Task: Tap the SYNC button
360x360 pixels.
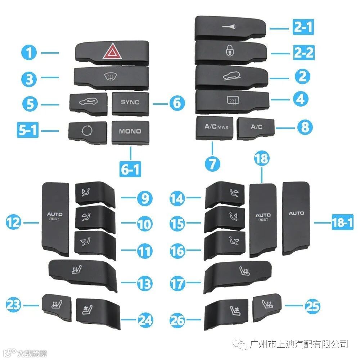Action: coord(130,103)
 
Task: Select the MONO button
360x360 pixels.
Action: coord(130,132)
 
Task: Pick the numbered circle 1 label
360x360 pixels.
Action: coord(29,53)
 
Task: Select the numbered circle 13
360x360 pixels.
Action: coord(145,284)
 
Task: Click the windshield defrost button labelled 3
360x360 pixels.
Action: coord(111,77)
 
